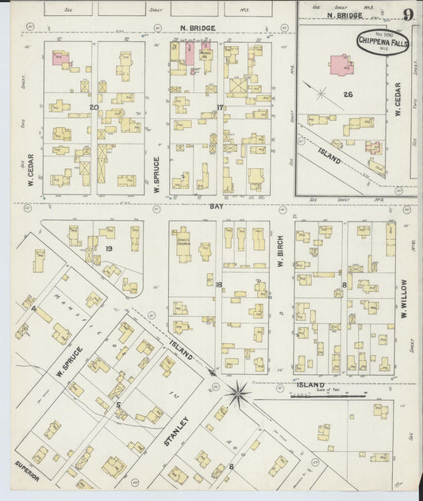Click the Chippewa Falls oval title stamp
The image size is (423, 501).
click(x=383, y=42)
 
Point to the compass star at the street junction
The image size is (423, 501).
click(x=237, y=391)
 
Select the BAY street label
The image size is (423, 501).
click(x=215, y=206)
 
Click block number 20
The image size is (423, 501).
click(x=94, y=106)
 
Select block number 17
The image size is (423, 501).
click(x=220, y=106)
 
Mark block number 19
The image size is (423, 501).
click(x=108, y=249)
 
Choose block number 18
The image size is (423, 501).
click(x=218, y=283)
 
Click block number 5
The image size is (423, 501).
click(x=118, y=405)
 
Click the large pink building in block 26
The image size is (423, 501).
click(x=341, y=65)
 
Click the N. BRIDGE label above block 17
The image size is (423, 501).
click(x=193, y=29)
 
